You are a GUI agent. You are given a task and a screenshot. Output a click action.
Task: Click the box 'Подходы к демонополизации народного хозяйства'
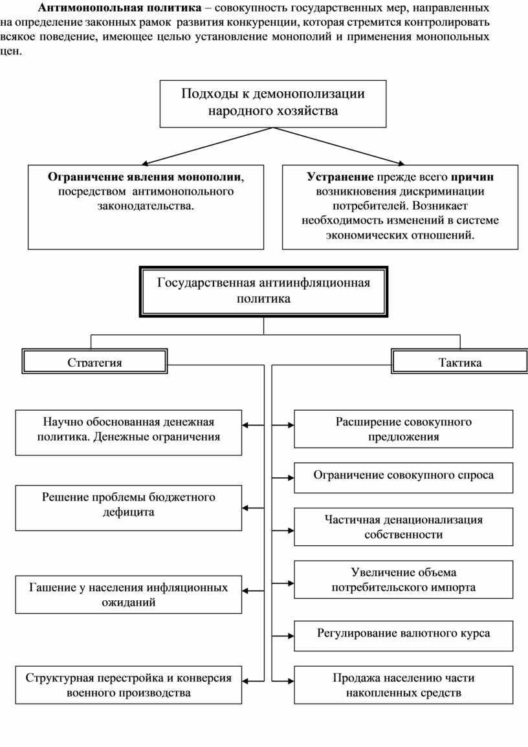pos(272,103)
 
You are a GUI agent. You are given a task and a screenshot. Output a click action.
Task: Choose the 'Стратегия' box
pos(95,362)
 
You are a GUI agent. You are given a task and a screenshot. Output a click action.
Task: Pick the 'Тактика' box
pos(460,362)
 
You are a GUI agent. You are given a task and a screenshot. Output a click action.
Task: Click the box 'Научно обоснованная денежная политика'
pos(129,429)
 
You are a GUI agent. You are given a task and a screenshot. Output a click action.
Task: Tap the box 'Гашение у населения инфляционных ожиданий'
pos(129,594)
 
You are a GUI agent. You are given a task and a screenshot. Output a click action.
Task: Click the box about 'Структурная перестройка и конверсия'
pos(129,685)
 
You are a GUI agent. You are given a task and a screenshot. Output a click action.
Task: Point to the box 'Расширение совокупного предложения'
pos(403,429)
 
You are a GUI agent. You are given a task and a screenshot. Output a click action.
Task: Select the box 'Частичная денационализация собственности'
pos(403,526)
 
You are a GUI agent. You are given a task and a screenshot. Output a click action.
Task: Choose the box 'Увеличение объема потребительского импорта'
pos(403,579)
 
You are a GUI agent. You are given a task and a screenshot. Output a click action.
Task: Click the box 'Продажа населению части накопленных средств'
pos(403,685)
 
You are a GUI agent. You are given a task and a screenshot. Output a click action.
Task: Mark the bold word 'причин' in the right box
pos(472,177)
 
